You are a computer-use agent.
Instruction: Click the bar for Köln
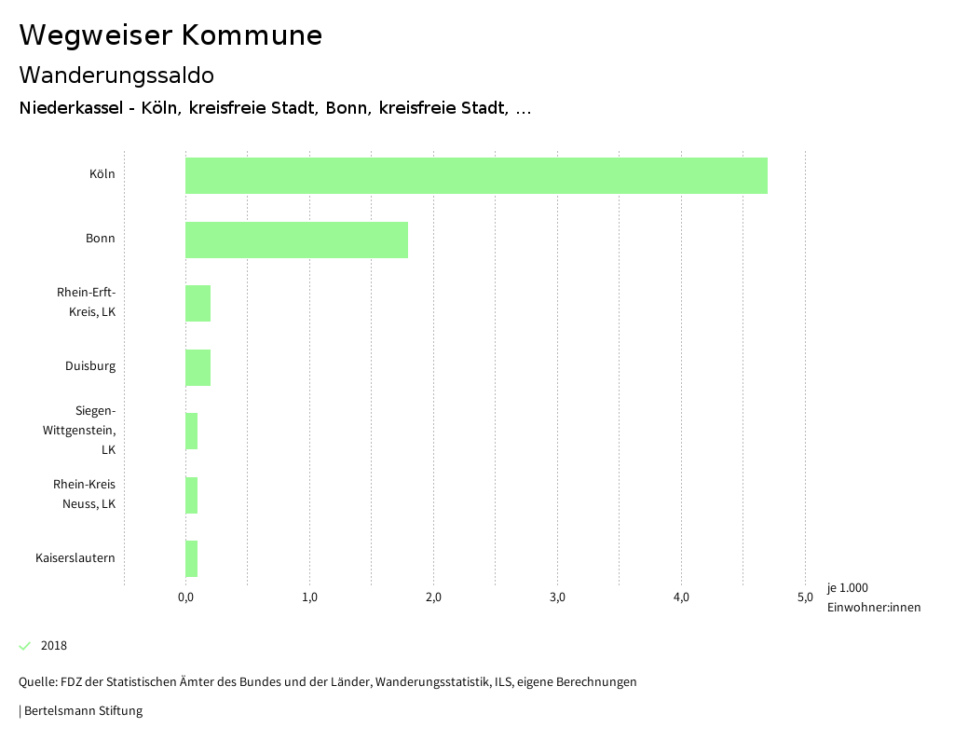click(476, 175)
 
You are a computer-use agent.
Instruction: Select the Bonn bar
click(296, 240)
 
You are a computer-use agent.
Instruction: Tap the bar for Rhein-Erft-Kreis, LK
click(198, 303)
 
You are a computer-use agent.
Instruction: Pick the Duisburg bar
click(198, 367)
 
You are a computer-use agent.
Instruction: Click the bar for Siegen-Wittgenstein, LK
click(191, 431)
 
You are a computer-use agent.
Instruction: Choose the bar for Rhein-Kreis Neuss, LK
click(191, 495)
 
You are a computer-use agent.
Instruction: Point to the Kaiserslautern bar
click(191, 558)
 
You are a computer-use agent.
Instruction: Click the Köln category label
click(102, 174)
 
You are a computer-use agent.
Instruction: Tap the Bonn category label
click(101, 239)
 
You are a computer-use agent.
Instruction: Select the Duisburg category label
click(90, 366)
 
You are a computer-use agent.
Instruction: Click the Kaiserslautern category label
click(75, 558)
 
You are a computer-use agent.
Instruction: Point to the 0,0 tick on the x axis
click(185, 597)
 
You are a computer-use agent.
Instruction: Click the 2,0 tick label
click(433, 597)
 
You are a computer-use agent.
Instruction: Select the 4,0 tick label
click(681, 597)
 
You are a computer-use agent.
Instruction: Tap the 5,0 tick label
click(805, 597)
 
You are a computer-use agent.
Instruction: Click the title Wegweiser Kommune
click(170, 35)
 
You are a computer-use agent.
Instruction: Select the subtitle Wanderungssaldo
click(116, 75)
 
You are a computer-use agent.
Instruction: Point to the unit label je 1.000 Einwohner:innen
click(873, 597)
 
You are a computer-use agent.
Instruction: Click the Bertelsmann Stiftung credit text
click(82, 711)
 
